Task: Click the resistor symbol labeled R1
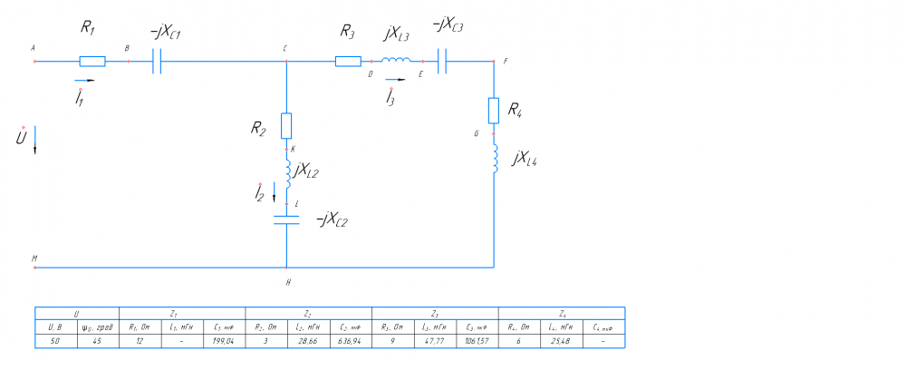(92, 62)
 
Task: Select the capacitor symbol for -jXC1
(156, 62)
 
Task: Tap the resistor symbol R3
(348, 62)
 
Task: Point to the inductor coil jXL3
(394, 61)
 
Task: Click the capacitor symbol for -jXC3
(443, 62)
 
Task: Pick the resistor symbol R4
(494, 110)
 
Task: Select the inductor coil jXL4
(495, 157)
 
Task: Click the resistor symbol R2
(286, 124)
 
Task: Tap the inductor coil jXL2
(287, 172)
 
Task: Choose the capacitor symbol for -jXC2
(286, 218)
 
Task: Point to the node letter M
(34, 258)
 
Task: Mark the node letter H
(287, 282)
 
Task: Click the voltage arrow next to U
(35, 143)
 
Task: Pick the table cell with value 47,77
(433, 342)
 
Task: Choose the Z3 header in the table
(434, 313)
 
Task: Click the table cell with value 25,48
(560, 342)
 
